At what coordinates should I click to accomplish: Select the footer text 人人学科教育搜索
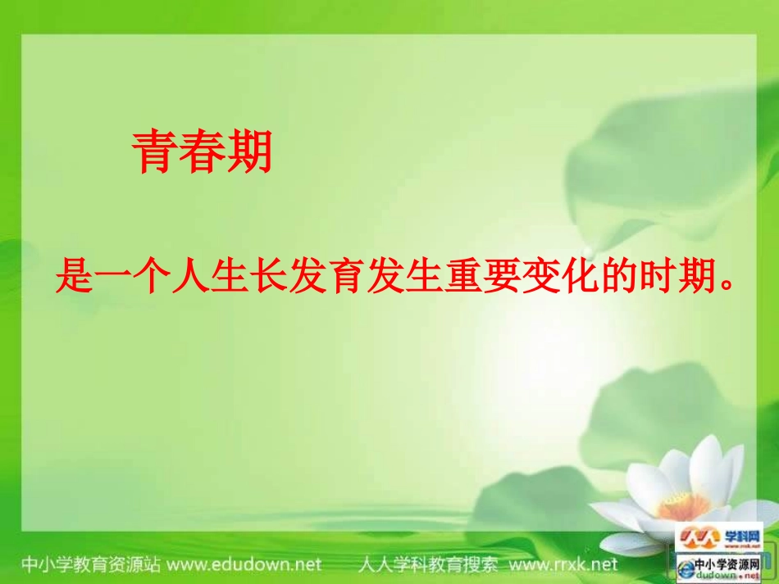pos(428,564)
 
